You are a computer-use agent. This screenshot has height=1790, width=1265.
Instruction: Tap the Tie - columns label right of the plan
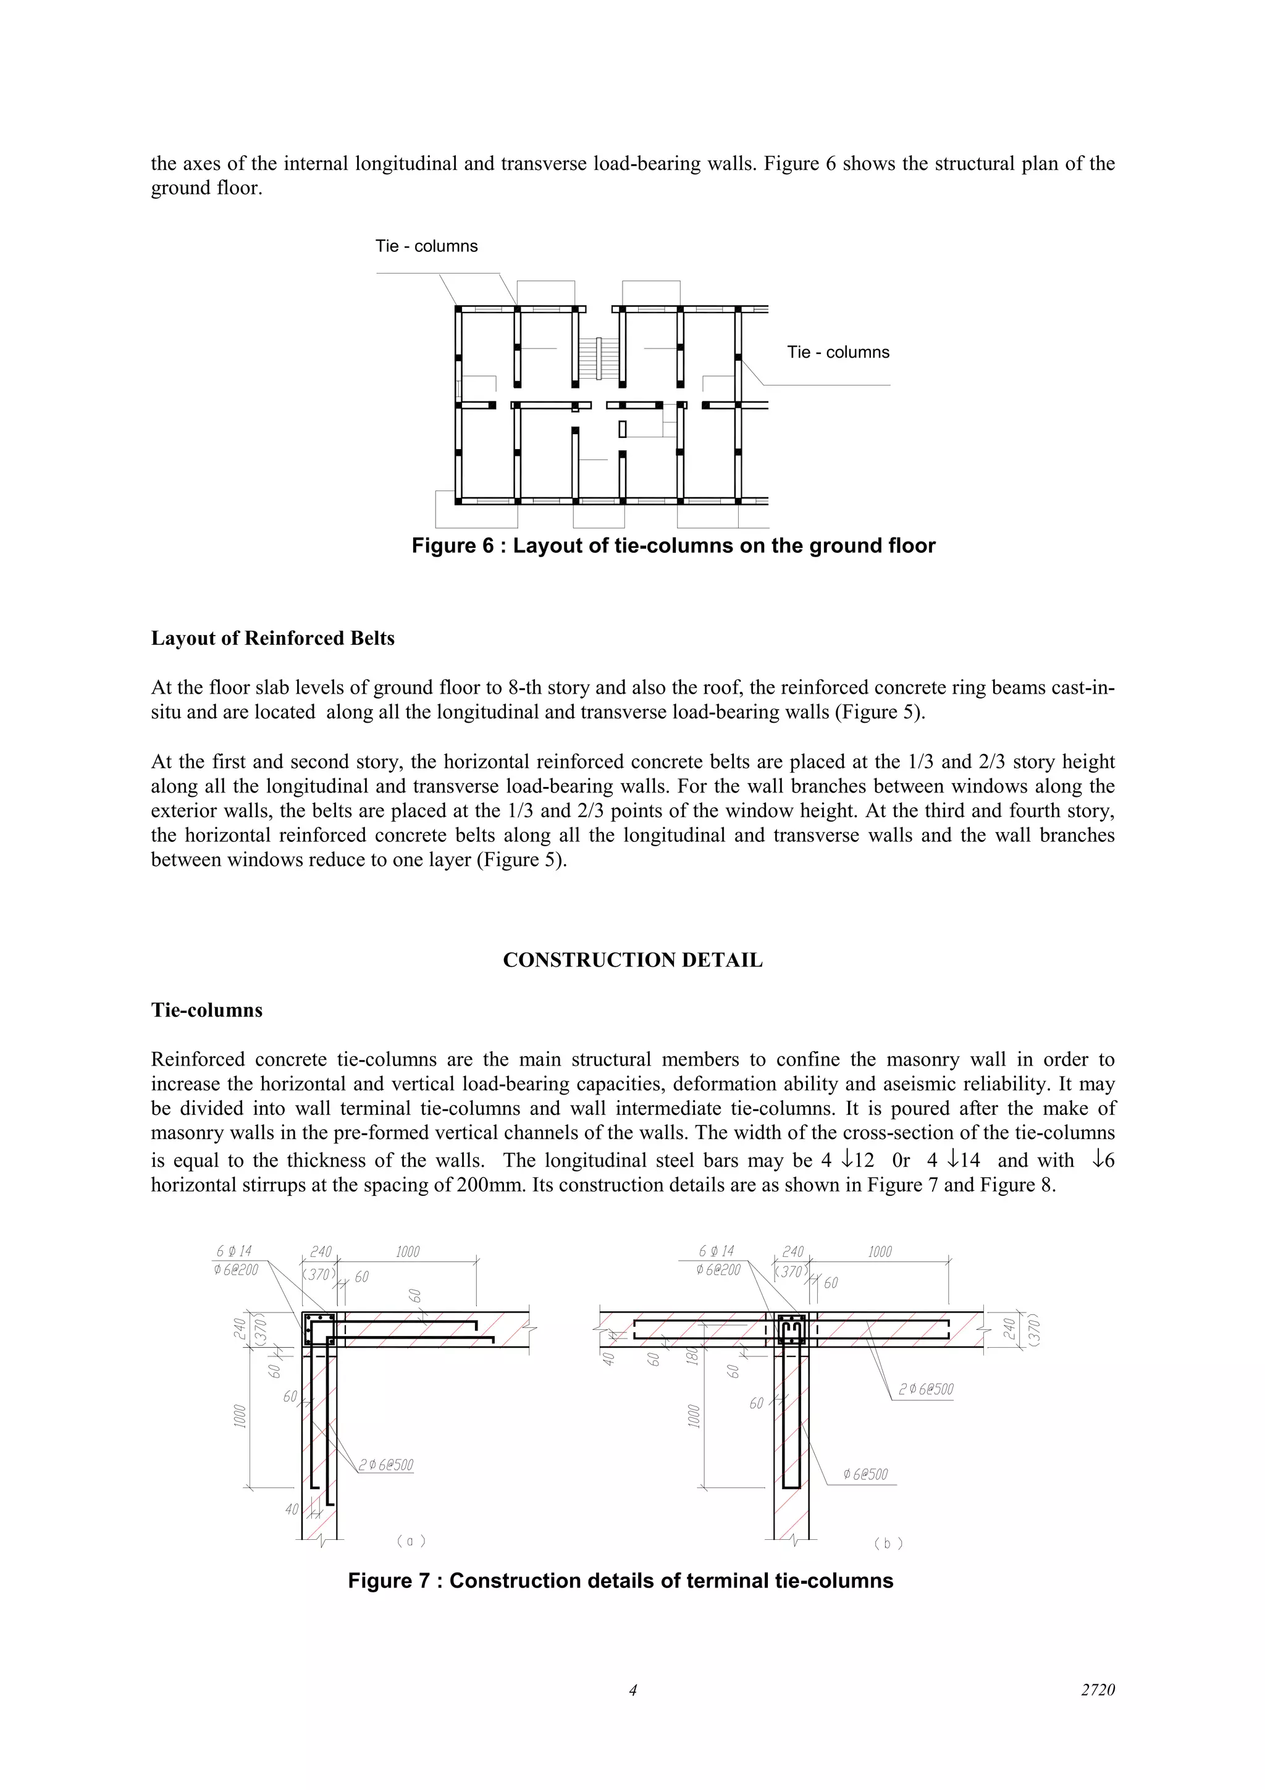[x=838, y=353]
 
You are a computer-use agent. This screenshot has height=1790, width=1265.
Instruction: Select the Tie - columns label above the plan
[x=426, y=246]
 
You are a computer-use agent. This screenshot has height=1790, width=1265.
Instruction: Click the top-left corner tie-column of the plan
[x=458, y=309]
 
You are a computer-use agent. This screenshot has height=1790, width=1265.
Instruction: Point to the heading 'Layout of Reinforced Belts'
[x=273, y=639]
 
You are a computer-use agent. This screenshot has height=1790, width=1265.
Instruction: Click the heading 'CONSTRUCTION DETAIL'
[x=632, y=960]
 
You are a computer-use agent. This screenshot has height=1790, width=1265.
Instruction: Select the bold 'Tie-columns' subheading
[x=206, y=1011]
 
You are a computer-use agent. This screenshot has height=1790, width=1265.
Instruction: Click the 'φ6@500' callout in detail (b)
[x=865, y=1474]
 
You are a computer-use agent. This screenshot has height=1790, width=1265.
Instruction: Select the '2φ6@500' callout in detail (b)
[x=925, y=1389]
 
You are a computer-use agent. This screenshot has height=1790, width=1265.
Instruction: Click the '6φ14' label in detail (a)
[x=234, y=1251]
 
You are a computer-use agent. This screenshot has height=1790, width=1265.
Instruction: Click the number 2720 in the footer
[x=1098, y=1690]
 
